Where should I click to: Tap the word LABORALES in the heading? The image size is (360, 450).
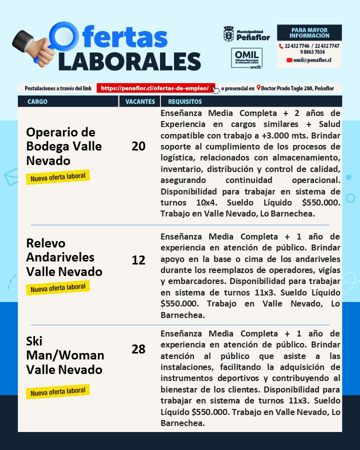pyautogui.click(x=129, y=61)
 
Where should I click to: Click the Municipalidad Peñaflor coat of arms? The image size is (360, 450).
pyautogui.click(x=228, y=34)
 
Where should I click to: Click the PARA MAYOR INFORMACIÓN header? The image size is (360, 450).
pyautogui.click(x=309, y=33)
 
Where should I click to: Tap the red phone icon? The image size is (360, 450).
pyautogui.click(x=281, y=46)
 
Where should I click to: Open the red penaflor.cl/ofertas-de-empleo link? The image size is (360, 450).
pyautogui.click(x=155, y=88)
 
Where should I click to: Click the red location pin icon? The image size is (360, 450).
pyautogui.click(x=258, y=88)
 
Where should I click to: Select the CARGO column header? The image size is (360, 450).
pyautogui.click(x=38, y=101)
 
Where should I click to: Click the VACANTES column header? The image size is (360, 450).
pyautogui.click(x=140, y=101)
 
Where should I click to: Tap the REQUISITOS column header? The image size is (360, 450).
pyautogui.click(x=185, y=101)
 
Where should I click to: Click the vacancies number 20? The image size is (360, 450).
pyautogui.click(x=138, y=146)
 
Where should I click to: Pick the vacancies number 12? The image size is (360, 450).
pyautogui.click(x=138, y=260)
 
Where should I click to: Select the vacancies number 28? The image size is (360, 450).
pyautogui.click(x=138, y=349)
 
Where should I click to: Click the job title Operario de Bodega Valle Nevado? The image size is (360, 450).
pyautogui.click(x=63, y=146)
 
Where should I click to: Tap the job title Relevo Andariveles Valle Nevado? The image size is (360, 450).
pyautogui.click(x=63, y=257)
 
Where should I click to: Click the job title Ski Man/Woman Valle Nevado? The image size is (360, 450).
pyautogui.click(x=65, y=355)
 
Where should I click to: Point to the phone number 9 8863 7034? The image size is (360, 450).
pyautogui.click(x=312, y=52)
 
